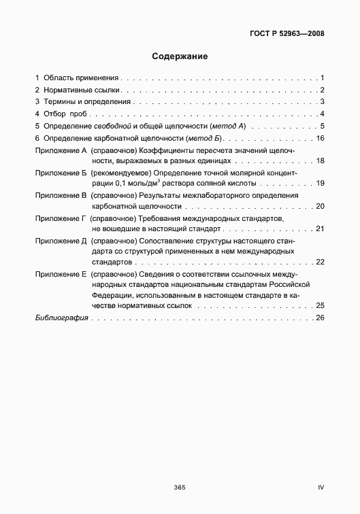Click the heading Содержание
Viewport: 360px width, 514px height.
tap(180, 56)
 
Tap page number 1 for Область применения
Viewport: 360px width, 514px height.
tap(323, 78)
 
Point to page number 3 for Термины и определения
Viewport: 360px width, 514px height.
tap(323, 102)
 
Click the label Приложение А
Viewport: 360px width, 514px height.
tap(61, 151)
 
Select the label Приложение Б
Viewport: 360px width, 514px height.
tap(61, 173)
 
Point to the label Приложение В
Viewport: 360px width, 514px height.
tap(61, 196)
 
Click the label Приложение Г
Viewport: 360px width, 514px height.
tap(61, 218)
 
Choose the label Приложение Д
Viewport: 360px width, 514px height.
tap(61, 241)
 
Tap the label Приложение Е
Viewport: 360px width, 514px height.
tap(61, 274)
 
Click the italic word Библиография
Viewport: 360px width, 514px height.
tap(62, 318)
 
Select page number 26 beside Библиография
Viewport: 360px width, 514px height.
tap(321, 318)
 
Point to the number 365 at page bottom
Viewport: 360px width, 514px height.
tap(180, 487)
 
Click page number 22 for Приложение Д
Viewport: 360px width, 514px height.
tap(321, 262)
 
